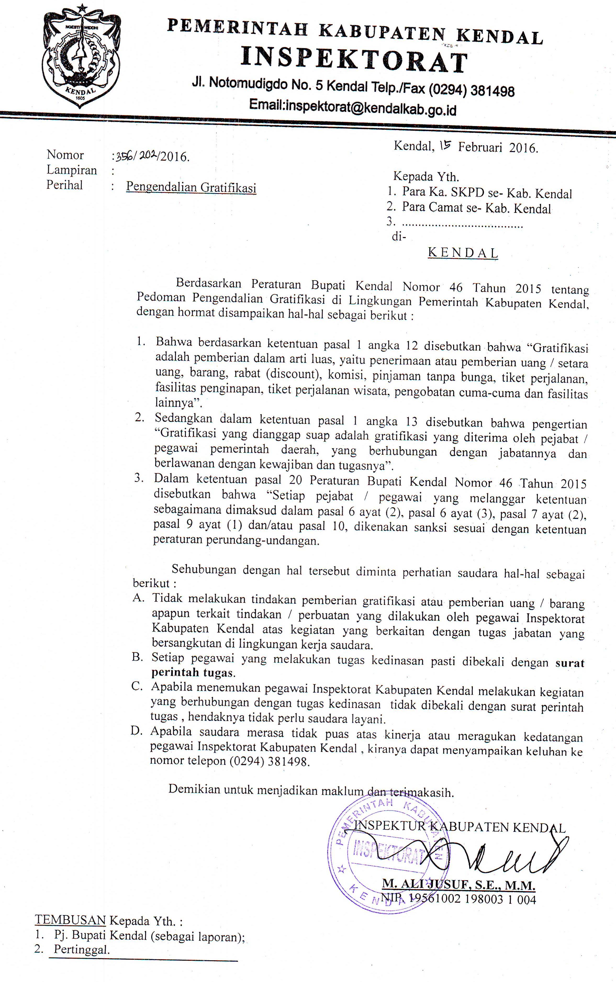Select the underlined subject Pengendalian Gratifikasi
(x=191, y=187)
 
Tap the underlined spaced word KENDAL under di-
(x=463, y=253)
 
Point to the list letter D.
(x=137, y=731)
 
